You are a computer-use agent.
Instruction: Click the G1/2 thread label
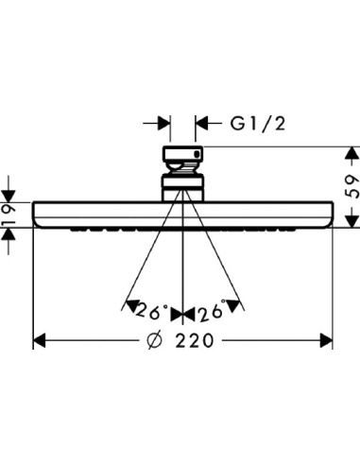(x=258, y=123)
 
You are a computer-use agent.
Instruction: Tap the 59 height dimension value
(x=352, y=187)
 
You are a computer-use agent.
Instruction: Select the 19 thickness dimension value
(x=8, y=215)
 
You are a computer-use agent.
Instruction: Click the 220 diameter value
(x=195, y=340)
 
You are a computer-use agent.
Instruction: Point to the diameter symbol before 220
(x=155, y=340)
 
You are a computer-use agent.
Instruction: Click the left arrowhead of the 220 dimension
(x=39, y=341)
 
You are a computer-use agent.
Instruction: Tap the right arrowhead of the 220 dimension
(x=326, y=340)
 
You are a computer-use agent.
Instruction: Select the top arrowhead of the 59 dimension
(x=352, y=153)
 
